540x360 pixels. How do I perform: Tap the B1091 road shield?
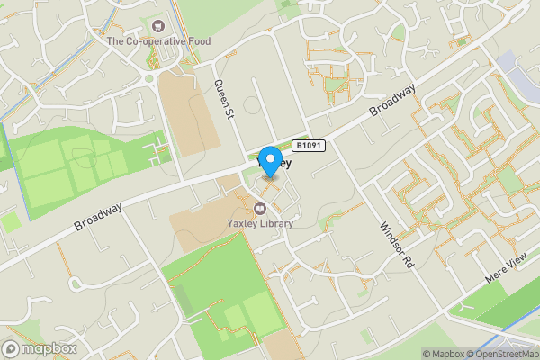click(309, 145)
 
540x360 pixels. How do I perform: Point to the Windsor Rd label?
click(395, 244)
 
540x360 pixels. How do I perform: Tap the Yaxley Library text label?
click(260, 223)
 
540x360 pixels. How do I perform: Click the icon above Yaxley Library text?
click(260, 207)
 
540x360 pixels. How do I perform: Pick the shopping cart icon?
click(159, 26)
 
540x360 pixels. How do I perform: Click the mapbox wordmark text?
click(49, 348)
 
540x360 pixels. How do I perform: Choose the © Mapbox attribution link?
click(444, 354)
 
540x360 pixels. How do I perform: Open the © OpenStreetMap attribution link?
click(503, 354)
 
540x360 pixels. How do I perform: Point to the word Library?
click(275, 223)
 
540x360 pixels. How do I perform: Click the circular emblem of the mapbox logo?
click(12, 348)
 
